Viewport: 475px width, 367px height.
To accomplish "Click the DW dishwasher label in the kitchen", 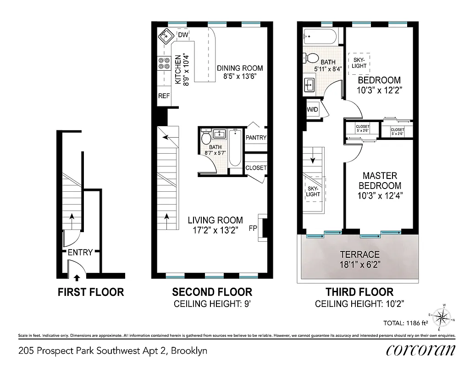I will tap(183, 35).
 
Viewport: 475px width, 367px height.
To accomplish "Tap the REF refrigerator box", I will tap(164, 96).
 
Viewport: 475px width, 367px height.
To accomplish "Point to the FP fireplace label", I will tap(253, 228).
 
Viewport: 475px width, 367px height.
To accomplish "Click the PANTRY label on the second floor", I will tap(256, 138).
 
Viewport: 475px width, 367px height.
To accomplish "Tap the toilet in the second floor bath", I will tap(206, 138).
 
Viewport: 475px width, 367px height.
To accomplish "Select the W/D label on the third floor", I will tap(312, 110).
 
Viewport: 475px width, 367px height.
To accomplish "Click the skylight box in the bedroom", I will tap(359, 62).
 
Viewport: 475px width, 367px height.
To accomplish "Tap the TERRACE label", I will tap(359, 255).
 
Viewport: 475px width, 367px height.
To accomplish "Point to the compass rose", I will tap(443, 317).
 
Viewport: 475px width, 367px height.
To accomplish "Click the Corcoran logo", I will tap(421, 350).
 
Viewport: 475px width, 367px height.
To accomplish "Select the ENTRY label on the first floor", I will tap(80, 252).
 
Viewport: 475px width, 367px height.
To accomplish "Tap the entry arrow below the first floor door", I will tap(77, 277).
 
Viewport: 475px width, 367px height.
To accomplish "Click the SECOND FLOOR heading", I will tap(212, 292).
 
